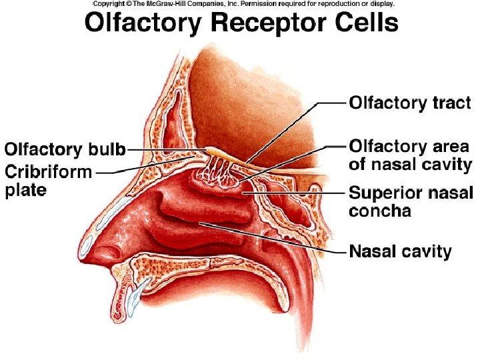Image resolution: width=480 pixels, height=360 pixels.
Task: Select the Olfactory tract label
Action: (x=410, y=103)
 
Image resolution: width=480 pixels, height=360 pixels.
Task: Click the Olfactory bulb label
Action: (x=65, y=149)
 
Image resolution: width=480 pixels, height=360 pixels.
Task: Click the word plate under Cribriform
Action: (x=26, y=191)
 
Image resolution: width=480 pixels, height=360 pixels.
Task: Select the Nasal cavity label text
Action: (x=401, y=252)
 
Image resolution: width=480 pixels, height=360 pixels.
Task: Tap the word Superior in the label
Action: (x=384, y=194)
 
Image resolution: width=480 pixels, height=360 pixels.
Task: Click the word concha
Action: (x=380, y=212)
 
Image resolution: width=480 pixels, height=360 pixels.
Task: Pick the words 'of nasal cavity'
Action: (x=410, y=164)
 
